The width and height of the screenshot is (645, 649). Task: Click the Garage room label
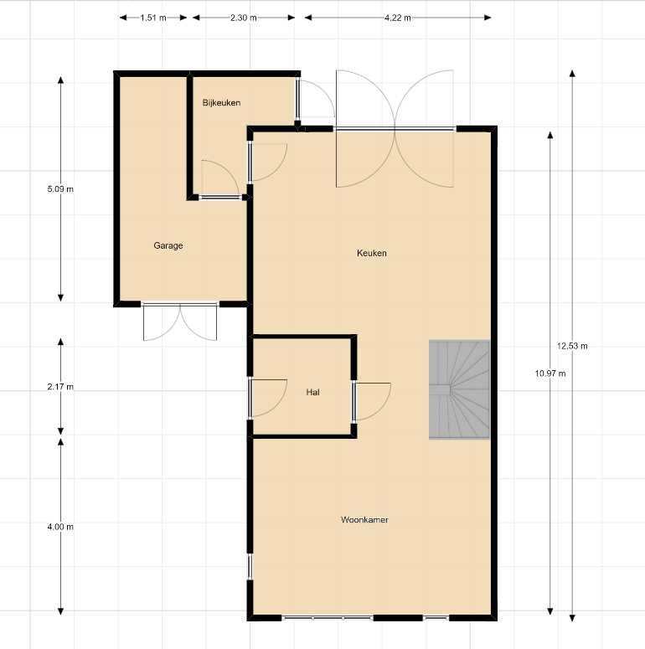click(x=168, y=245)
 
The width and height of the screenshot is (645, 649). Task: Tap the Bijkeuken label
click(x=221, y=103)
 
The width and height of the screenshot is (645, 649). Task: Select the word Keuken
click(x=372, y=253)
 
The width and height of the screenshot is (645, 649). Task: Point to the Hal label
click(x=313, y=392)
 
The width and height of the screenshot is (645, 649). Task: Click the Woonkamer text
click(x=364, y=519)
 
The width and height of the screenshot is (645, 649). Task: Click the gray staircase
click(x=460, y=389)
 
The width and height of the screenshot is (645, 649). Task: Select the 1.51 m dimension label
click(x=153, y=18)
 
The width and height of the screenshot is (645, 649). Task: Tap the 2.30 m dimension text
click(x=244, y=18)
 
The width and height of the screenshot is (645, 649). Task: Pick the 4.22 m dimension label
click(x=398, y=18)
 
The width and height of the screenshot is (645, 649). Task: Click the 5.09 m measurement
click(x=60, y=189)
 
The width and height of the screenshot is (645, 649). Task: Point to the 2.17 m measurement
click(x=60, y=387)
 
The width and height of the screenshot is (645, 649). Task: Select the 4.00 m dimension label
click(x=60, y=527)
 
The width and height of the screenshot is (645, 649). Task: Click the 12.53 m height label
click(x=572, y=346)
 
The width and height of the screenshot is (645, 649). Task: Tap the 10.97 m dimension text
click(x=550, y=373)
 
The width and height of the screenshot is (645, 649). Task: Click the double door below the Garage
click(x=180, y=322)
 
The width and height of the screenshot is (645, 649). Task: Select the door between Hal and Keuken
click(x=371, y=401)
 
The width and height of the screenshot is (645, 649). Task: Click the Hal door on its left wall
click(x=267, y=397)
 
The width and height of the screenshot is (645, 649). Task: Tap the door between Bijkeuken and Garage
click(x=219, y=179)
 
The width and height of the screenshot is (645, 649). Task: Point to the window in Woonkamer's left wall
click(x=250, y=566)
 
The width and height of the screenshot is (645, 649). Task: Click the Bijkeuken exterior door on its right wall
click(x=316, y=100)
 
